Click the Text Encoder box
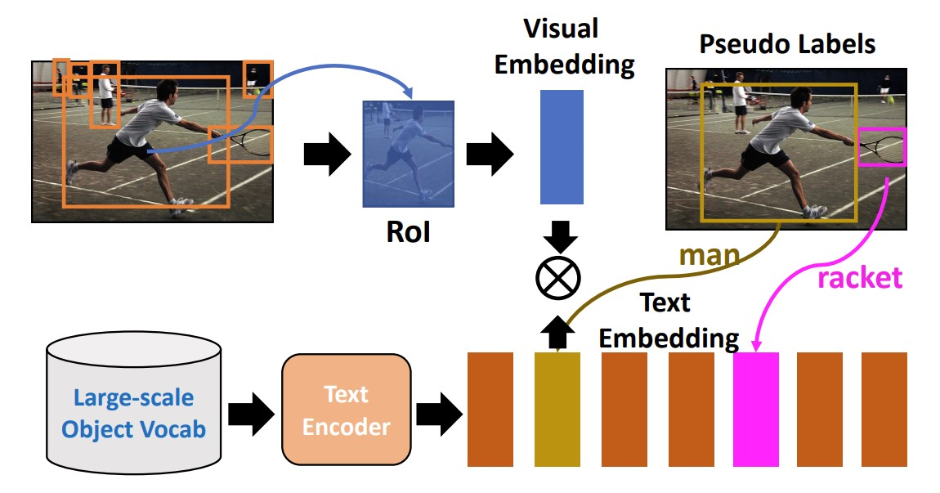pos(347,410)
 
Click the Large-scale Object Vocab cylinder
pos(134,404)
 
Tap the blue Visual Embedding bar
pos(562,147)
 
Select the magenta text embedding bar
pos(756,409)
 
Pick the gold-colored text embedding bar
pos(557,409)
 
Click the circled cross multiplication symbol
pos(558,278)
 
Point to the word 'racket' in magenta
pos(860,278)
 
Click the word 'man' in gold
pos(709,256)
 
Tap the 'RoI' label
pos(408,231)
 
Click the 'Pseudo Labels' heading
pos(787,44)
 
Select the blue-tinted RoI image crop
pos(408,155)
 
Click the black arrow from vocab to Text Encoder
pos(251,414)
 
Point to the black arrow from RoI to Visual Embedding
pos(489,155)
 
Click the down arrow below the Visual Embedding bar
pos(558,235)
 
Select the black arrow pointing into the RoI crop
pos(327,155)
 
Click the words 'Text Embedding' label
pos(669,320)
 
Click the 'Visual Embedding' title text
pos(563,46)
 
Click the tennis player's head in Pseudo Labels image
pos(802,98)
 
